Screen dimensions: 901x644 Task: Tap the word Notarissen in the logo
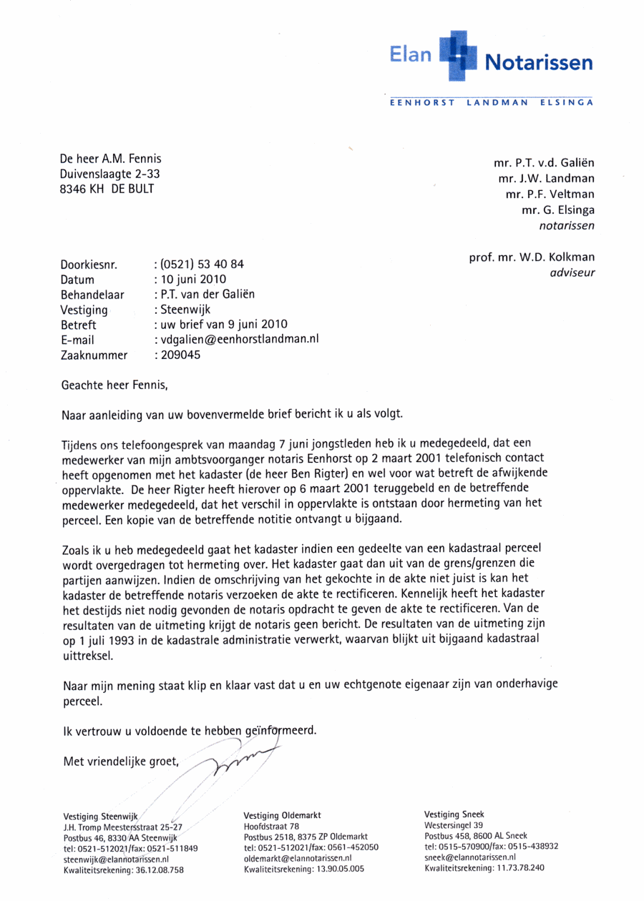click(x=539, y=63)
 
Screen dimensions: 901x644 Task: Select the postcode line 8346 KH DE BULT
click(x=107, y=189)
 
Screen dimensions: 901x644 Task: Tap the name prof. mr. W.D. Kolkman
click(x=532, y=257)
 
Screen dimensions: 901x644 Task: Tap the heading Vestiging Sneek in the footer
click(x=454, y=814)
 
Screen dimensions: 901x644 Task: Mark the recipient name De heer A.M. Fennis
click(x=110, y=159)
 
